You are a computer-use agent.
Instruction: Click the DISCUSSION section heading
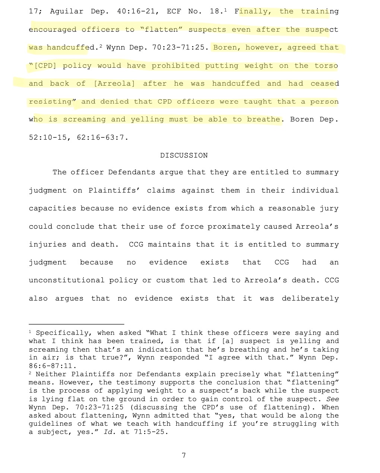[x=184, y=155]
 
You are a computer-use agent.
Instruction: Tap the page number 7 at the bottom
[x=184, y=455]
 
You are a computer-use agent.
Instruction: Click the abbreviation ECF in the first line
[x=174, y=11]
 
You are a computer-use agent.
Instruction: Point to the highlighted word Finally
[x=253, y=11]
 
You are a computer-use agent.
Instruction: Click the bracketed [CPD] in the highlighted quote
[x=45, y=66]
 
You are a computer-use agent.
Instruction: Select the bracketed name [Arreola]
[x=114, y=84]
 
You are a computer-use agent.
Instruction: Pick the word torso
[x=326, y=66]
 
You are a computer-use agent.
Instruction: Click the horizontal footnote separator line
[x=76, y=324]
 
